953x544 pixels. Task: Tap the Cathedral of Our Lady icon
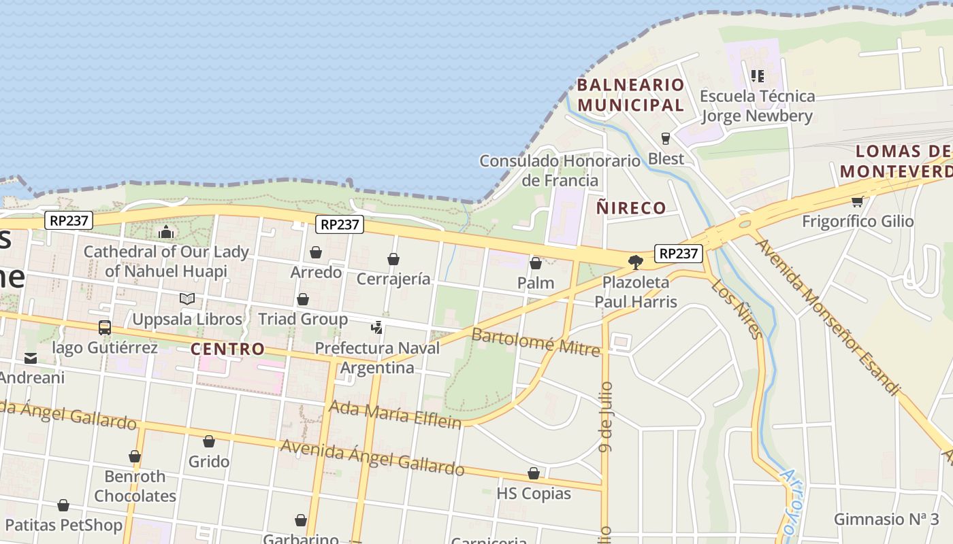pos(166,232)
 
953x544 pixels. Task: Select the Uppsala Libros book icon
pos(187,299)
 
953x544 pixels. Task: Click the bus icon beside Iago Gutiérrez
pos(105,327)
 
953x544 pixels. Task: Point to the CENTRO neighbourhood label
pos(227,350)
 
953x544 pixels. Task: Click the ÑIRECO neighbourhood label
pos(631,208)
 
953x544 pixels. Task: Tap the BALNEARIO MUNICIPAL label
pos(630,95)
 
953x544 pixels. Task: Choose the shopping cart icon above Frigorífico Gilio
pos(858,201)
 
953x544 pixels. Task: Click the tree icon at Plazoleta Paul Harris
pos(636,262)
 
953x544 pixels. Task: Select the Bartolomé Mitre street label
pos(536,342)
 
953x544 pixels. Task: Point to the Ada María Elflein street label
pos(395,414)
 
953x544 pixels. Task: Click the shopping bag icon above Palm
pos(536,262)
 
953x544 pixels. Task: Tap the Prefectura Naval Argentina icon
pos(377,328)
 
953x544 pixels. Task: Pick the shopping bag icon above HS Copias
pos(534,473)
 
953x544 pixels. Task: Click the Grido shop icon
pos(209,441)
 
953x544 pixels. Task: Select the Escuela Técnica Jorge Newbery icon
pos(757,75)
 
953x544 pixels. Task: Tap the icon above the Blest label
pos(666,139)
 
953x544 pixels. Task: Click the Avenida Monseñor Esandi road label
pos(827,316)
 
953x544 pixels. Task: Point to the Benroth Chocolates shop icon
pos(135,456)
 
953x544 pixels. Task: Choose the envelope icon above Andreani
pos(31,358)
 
